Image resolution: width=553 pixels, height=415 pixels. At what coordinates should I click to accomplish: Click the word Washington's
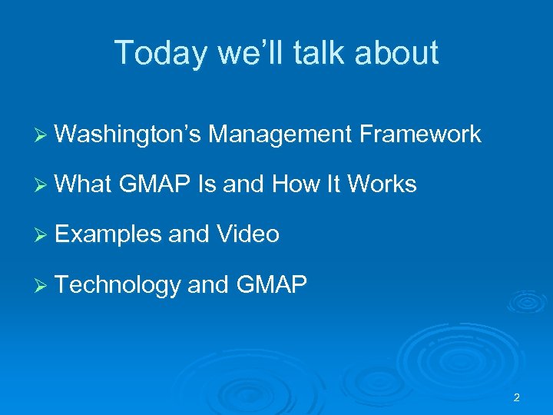tap(128, 135)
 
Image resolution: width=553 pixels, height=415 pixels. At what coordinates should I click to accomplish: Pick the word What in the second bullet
tap(84, 184)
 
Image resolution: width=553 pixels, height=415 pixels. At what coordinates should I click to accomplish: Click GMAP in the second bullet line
tap(156, 184)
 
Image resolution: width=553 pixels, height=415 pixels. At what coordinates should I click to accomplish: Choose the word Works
tap(382, 184)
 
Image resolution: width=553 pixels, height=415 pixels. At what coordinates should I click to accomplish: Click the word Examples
tap(108, 234)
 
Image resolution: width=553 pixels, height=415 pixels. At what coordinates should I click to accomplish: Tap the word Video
tap(248, 234)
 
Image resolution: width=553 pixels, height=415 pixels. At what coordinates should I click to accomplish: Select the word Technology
tap(118, 285)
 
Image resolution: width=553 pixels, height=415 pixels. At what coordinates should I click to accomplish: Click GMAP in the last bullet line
tap(272, 285)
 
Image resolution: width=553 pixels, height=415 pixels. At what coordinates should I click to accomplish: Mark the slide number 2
tap(516, 397)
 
